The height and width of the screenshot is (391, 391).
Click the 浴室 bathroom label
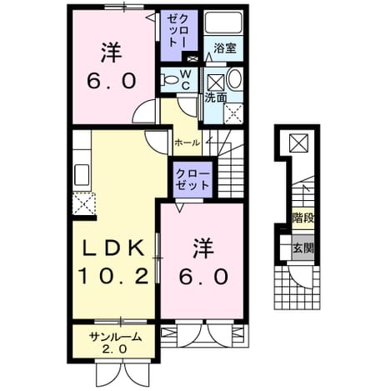[x=225, y=48]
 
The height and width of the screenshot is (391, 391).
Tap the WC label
[x=186, y=80]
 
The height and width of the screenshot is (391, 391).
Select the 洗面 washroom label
[x=216, y=98]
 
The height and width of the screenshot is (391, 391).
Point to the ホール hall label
[x=187, y=143]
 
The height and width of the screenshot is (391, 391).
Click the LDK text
[x=113, y=248]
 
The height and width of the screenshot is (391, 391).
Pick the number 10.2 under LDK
[x=113, y=276]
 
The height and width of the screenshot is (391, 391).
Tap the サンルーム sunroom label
[x=115, y=338]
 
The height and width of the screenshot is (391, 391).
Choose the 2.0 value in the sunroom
[x=115, y=348]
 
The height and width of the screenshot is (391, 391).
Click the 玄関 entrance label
[x=303, y=248]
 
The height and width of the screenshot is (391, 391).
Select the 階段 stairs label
[x=303, y=218]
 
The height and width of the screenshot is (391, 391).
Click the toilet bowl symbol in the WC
[x=169, y=80]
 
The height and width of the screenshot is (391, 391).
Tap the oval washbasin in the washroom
[x=234, y=79]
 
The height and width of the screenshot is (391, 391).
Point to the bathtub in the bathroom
[x=223, y=23]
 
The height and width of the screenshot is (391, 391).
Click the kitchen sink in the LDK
[x=82, y=175]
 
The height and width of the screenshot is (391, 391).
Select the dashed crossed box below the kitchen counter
[x=83, y=203]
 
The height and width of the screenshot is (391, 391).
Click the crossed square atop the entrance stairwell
[x=298, y=143]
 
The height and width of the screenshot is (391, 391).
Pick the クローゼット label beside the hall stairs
[x=193, y=180]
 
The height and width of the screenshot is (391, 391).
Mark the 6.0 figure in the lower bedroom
[x=203, y=276]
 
